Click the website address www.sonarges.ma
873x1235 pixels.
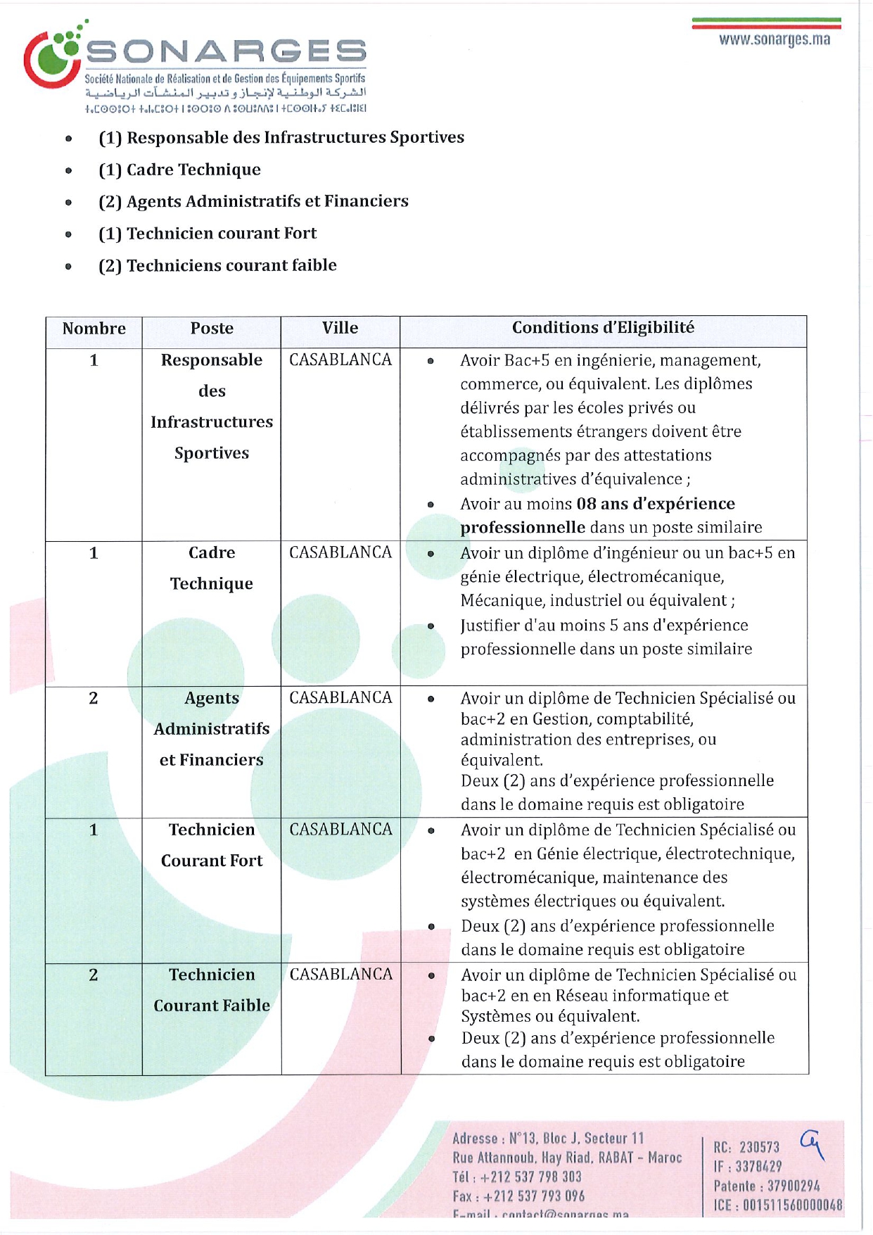pyautogui.click(x=774, y=39)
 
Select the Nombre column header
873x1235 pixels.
pyautogui.click(x=94, y=329)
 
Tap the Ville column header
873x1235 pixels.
pyautogui.click(x=340, y=328)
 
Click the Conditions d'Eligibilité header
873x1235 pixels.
pyautogui.click(x=603, y=328)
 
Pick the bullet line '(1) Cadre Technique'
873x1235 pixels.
pyautogui.click(x=179, y=170)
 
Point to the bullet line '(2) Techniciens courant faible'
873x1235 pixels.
pyautogui.click(x=217, y=265)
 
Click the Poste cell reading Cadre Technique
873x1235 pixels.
pyautogui.click(x=212, y=568)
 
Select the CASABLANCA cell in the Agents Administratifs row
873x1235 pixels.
pyautogui.click(x=340, y=697)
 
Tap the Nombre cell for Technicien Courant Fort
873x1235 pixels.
pyautogui.click(x=94, y=830)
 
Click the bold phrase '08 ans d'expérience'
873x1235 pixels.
pyautogui.click(x=656, y=504)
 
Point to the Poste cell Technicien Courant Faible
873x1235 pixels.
pyautogui.click(x=212, y=989)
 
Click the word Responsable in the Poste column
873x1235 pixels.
pyautogui.click(x=212, y=360)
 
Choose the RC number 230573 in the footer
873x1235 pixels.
pyautogui.click(x=759, y=1148)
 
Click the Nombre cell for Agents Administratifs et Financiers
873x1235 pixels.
pyautogui.click(x=94, y=698)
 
